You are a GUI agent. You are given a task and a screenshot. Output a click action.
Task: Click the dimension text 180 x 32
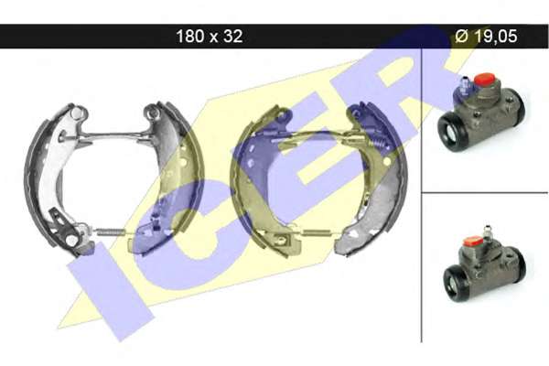click(210, 36)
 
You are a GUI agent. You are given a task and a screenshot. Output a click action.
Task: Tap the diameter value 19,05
click(495, 36)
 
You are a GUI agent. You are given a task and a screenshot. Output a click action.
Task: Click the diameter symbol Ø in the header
click(462, 36)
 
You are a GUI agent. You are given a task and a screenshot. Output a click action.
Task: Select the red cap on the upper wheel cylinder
click(483, 80)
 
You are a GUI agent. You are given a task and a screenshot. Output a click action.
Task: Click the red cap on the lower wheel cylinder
click(473, 241)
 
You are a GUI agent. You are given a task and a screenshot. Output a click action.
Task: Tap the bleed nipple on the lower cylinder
click(487, 231)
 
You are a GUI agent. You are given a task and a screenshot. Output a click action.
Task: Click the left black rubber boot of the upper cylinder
click(452, 132)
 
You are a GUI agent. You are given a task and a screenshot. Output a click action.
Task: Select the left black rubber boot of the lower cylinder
click(457, 283)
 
